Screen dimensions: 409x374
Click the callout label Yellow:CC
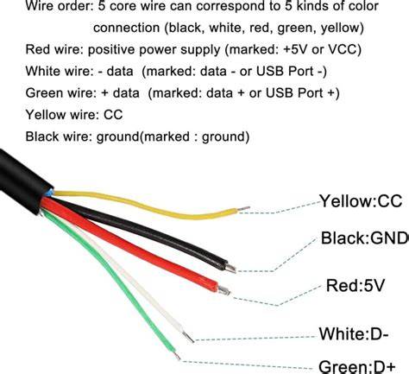tap(361, 201)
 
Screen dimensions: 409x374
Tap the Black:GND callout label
tap(365, 238)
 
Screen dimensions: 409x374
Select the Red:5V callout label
tap(356, 286)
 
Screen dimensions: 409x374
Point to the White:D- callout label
tap(354, 334)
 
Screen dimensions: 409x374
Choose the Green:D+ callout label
tap(357, 366)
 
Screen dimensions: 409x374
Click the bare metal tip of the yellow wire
tap(243, 209)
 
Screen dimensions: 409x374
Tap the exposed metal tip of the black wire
tap(230, 269)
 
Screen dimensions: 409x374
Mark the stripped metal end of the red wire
tap(223, 291)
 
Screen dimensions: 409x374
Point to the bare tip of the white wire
tap(188, 337)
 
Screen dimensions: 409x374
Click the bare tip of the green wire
tap(177, 356)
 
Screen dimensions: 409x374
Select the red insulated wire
tap(129, 244)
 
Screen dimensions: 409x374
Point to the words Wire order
tap(59, 6)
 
